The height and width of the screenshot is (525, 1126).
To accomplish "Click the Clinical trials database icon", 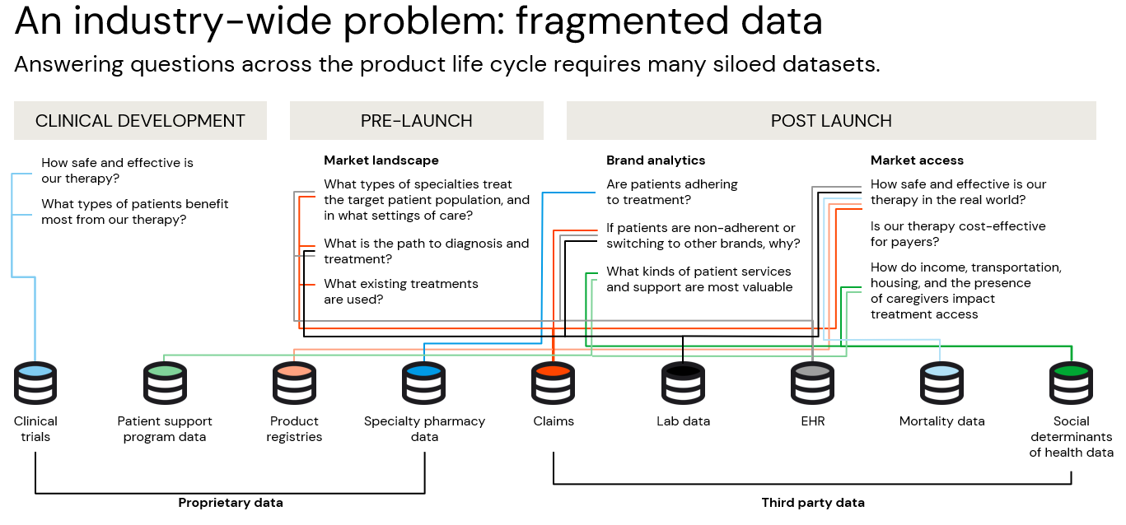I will pos(35,383).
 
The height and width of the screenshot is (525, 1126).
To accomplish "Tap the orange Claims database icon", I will pos(553,383).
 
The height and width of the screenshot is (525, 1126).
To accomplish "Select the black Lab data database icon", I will pos(683,383).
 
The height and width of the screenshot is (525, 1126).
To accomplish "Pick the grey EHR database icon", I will pos(812,383).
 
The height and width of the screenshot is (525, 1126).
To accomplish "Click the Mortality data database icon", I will pos(941,383).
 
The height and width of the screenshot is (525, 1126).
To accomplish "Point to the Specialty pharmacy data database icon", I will pos(424,383).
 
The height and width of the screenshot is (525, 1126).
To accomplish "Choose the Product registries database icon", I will pos(294,383).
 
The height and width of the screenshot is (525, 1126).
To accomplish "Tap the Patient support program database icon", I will pos(165,383).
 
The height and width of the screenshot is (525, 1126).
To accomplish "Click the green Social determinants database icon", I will pos(1071,383).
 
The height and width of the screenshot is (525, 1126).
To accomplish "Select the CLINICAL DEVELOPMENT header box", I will pos(140,121).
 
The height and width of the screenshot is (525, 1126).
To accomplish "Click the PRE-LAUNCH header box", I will pos(416,121).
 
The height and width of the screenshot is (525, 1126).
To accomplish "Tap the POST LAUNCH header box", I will pos(831,121).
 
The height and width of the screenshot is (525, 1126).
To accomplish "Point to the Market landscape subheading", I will pos(381,160).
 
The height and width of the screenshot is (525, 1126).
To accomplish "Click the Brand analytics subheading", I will pos(656,160).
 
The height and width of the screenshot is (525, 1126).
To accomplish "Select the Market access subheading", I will pos(917,160).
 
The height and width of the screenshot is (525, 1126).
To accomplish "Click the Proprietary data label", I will pos(231,503).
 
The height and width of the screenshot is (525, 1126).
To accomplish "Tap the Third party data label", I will pos(813,503).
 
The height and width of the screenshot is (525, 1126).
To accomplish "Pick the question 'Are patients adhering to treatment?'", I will pos(671,192).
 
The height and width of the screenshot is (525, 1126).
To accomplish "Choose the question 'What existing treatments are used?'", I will pos(400,291).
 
